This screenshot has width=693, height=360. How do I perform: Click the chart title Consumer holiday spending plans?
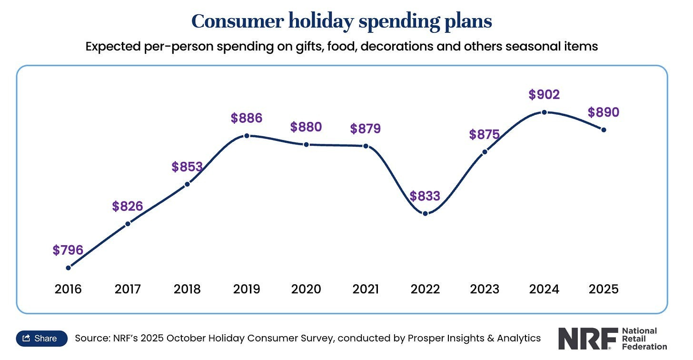(x=341, y=21)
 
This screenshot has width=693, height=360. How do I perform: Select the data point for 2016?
(x=68, y=268)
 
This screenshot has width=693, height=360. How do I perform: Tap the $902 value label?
(x=544, y=94)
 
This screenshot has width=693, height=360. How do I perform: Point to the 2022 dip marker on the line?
(x=425, y=213)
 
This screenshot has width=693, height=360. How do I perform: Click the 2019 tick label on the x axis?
(x=247, y=289)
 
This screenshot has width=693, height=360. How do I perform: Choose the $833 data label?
(x=425, y=196)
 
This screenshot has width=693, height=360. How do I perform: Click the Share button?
(x=41, y=338)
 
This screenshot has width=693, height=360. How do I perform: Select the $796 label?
(x=68, y=250)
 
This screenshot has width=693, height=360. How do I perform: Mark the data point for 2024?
(x=544, y=112)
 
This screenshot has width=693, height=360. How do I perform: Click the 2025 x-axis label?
(x=604, y=289)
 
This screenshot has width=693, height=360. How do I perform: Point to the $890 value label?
(x=604, y=112)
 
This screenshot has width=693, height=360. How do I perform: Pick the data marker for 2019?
(x=247, y=136)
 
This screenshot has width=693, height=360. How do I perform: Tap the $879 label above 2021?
(x=366, y=129)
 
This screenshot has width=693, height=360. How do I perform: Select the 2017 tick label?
(x=128, y=289)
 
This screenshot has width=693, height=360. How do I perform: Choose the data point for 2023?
(x=485, y=152)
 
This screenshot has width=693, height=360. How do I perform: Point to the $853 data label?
(x=187, y=167)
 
